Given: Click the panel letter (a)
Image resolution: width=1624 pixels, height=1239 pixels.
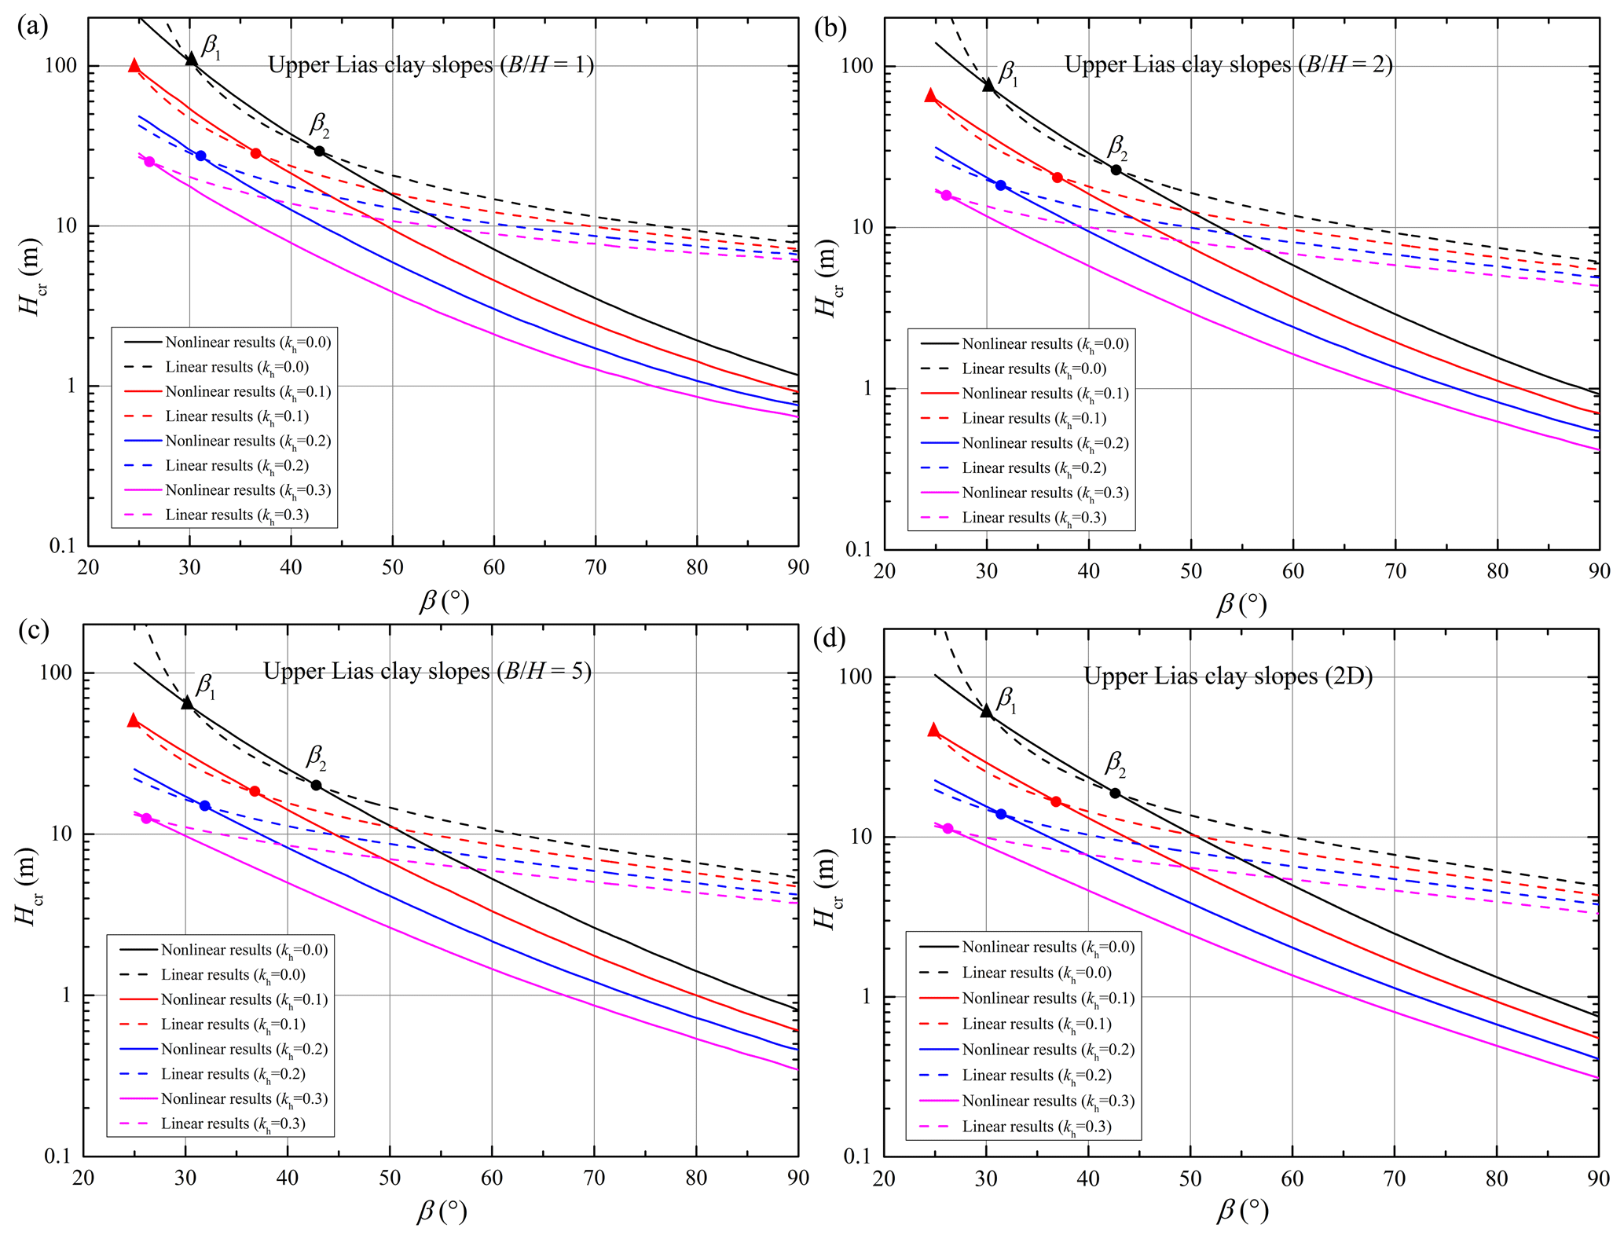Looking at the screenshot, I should tap(32, 27).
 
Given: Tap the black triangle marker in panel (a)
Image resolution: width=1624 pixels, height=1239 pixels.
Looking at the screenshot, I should tap(191, 59).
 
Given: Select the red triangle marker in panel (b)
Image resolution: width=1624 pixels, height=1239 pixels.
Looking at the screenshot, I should tap(931, 95).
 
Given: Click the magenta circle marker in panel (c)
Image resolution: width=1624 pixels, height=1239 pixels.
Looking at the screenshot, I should tap(146, 819).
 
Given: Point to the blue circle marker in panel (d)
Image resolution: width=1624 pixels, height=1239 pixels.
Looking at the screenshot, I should tap(1001, 814).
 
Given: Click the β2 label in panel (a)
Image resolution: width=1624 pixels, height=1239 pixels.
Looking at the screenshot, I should tap(319, 124).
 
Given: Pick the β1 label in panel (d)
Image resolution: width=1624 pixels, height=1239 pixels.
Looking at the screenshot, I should tap(1006, 699).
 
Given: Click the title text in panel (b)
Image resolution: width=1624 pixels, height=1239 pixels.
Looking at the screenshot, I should tap(1228, 64).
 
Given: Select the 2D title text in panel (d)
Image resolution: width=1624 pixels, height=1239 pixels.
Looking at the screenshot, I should tap(1228, 676).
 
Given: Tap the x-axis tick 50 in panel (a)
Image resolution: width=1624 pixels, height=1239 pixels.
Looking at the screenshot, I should tap(392, 568).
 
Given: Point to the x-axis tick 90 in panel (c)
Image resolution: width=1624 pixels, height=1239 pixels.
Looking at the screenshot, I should tap(797, 1178).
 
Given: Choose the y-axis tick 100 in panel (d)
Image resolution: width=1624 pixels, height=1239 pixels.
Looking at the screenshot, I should tap(856, 676).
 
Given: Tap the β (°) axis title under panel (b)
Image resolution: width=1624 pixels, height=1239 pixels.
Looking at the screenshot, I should tap(1241, 604).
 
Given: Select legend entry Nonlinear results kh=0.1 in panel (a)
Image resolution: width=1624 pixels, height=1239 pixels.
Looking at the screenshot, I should tap(247, 392).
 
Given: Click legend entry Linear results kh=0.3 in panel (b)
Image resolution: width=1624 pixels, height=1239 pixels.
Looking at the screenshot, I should tap(1034, 518).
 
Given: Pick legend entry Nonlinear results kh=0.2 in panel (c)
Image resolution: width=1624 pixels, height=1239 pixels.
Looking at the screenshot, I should tap(244, 1050).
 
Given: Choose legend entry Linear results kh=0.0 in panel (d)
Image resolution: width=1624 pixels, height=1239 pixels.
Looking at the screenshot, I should tap(1036, 973).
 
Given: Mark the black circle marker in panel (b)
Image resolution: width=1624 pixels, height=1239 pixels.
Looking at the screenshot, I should tap(1116, 170).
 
